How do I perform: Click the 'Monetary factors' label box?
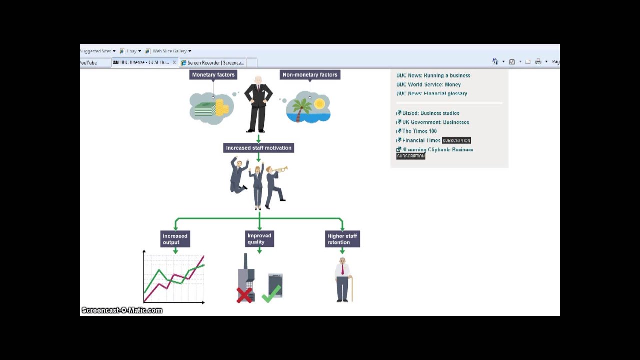[x=213, y=75]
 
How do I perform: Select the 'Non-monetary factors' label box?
[x=310, y=75]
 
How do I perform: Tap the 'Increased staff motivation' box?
[x=258, y=148]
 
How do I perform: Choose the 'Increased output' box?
[x=175, y=239]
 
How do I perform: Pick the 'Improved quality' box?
[x=259, y=239]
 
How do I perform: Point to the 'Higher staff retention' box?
[x=342, y=239]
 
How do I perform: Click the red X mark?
[x=244, y=295]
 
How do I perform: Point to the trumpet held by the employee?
[x=280, y=170]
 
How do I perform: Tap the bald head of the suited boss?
[x=258, y=81]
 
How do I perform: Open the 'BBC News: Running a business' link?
[x=433, y=76]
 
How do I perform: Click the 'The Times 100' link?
[x=419, y=131]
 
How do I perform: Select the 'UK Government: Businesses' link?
[x=435, y=122]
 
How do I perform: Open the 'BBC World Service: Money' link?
[x=428, y=85]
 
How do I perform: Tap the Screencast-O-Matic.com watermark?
[x=122, y=310]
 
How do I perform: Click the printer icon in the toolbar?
[x=538, y=62]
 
